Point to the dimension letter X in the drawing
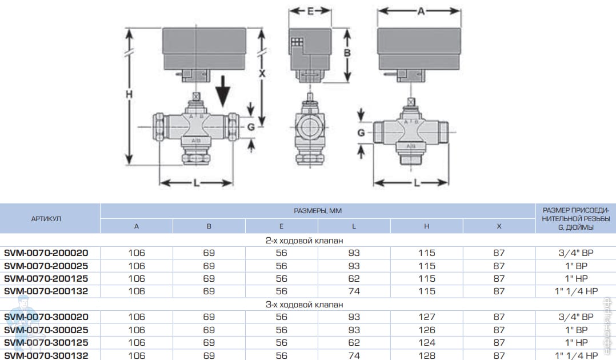click(x=262, y=74)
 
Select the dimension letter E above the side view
click(x=310, y=11)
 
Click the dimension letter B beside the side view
click(x=346, y=53)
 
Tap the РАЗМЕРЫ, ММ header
click(x=318, y=211)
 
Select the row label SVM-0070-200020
click(x=50, y=253)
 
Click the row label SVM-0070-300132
click(x=50, y=355)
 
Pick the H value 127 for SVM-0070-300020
click(x=426, y=317)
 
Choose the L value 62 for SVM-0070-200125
click(x=354, y=278)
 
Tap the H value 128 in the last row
click(x=426, y=355)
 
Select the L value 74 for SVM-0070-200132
click(x=354, y=291)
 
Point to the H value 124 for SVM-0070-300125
click(x=426, y=342)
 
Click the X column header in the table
click(x=499, y=226)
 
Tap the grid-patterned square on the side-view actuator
click(x=297, y=42)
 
